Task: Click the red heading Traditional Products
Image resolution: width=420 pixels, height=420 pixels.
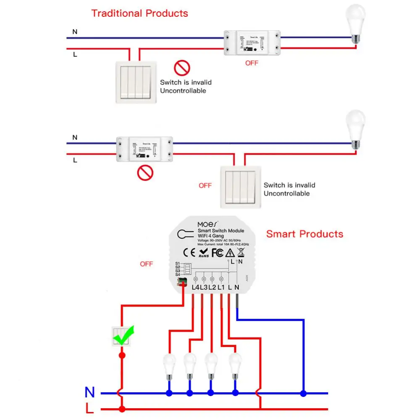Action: (x=139, y=13)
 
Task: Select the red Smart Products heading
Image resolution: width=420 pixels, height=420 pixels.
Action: (x=304, y=234)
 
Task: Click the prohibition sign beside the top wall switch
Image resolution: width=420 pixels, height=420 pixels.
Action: (x=182, y=68)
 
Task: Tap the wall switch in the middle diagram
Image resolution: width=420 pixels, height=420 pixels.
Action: (x=240, y=186)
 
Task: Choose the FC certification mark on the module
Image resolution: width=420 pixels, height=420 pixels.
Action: (x=217, y=253)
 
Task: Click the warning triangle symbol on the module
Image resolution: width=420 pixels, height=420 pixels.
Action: (x=230, y=253)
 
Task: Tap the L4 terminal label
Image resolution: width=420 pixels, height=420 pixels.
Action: (x=195, y=288)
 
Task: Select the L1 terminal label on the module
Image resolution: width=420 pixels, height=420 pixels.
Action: (x=221, y=288)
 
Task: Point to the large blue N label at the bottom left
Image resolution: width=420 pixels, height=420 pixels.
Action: (x=90, y=392)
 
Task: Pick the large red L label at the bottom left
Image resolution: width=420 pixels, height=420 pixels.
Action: (x=89, y=408)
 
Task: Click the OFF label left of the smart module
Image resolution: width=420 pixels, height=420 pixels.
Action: (x=147, y=264)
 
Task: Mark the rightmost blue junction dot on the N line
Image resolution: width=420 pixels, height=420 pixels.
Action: (x=303, y=394)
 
